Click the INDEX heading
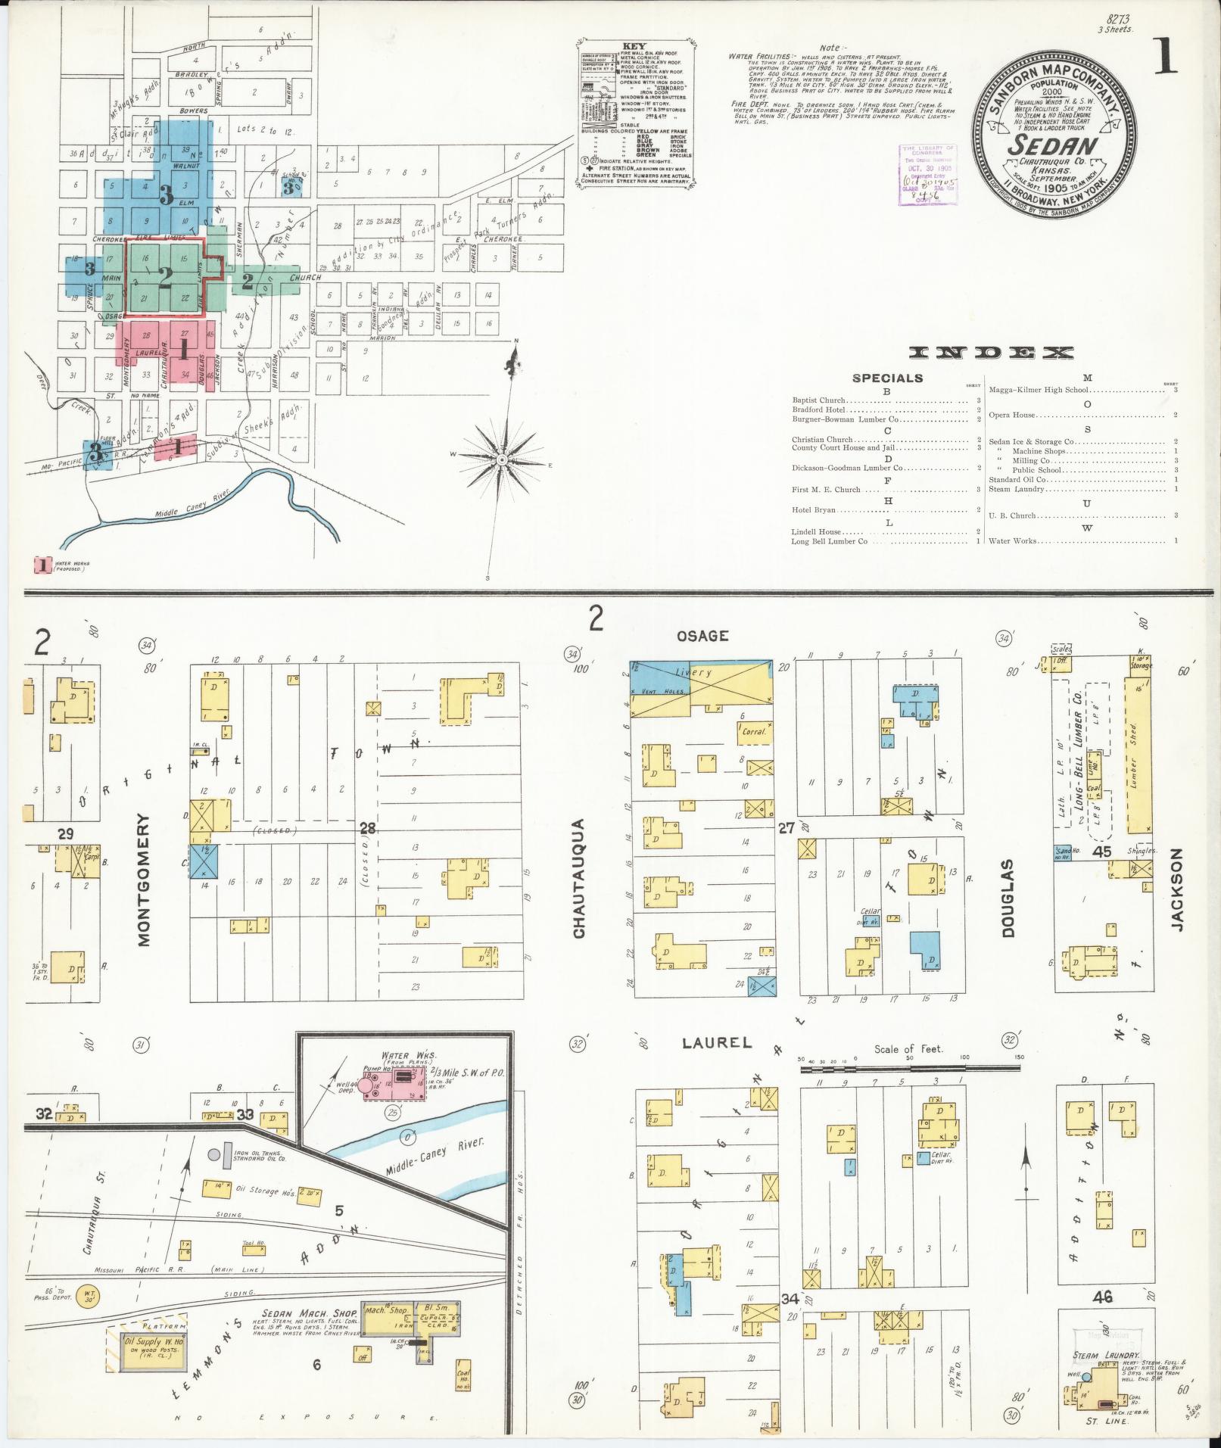click(x=991, y=353)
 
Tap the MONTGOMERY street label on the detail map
click(x=145, y=880)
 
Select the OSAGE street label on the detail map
click(x=702, y=636)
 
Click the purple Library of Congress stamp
click(x=927, y=175)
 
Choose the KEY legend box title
click(x=633, y=45)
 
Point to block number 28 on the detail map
click(x=367, y=828)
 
